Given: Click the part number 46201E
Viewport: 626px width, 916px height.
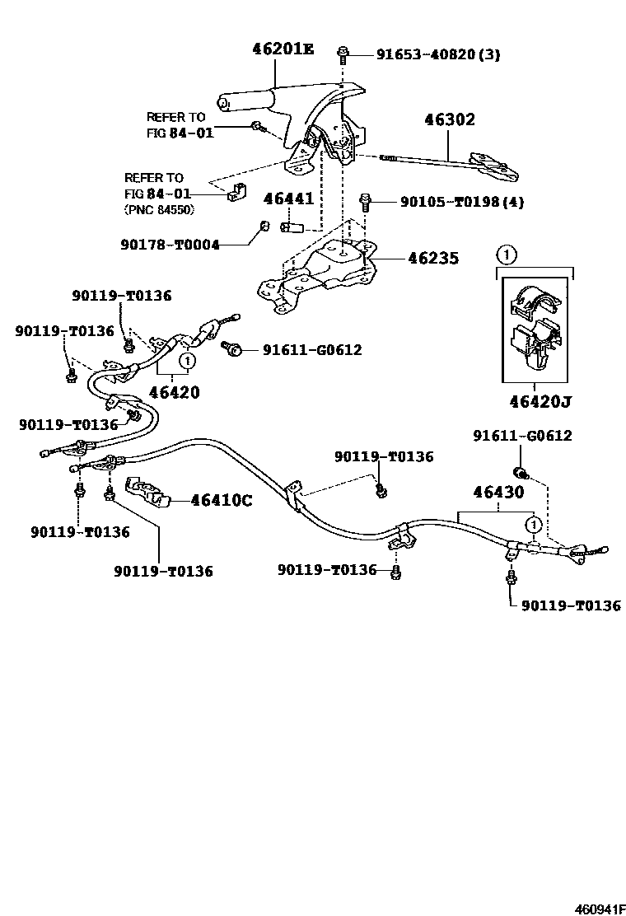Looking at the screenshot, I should pyautogui.click(x=283, y=49).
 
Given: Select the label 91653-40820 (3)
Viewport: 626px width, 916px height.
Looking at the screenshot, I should pyautogui.click(x=438, y=55).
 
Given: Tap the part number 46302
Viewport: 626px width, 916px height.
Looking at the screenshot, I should pyautogui.click(x=450, y=120).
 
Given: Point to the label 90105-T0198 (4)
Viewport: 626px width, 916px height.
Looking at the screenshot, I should pyautogui.click(x=462, y=201).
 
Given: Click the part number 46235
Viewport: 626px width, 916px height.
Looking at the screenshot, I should pyautogui.click(x=434, y=258).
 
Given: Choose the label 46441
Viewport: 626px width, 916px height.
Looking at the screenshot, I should pyautogui.click(x=288, y=199).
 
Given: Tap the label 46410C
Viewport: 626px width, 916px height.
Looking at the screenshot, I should pyautogui.click(x=222, y=499).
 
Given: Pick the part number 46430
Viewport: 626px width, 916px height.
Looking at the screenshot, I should pyautogui.click(x=498, y=493).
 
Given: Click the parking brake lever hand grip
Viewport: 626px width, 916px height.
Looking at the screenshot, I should pyautogui.click(x=239, y=102).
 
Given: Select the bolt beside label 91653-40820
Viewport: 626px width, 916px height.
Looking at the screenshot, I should pyautogui.click(x=341, y=56).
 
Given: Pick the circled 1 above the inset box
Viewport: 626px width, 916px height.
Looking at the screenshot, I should pyautogui.click(x=507, y=255).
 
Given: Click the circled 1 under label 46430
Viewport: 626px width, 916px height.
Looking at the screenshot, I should pyautogui.click(x=534, y=524).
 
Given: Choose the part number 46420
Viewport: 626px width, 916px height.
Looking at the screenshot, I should pyautogui.click(x=174, y=392).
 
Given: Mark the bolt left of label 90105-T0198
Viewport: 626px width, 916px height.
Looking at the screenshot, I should pyautogui.click(x=365, y=200).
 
